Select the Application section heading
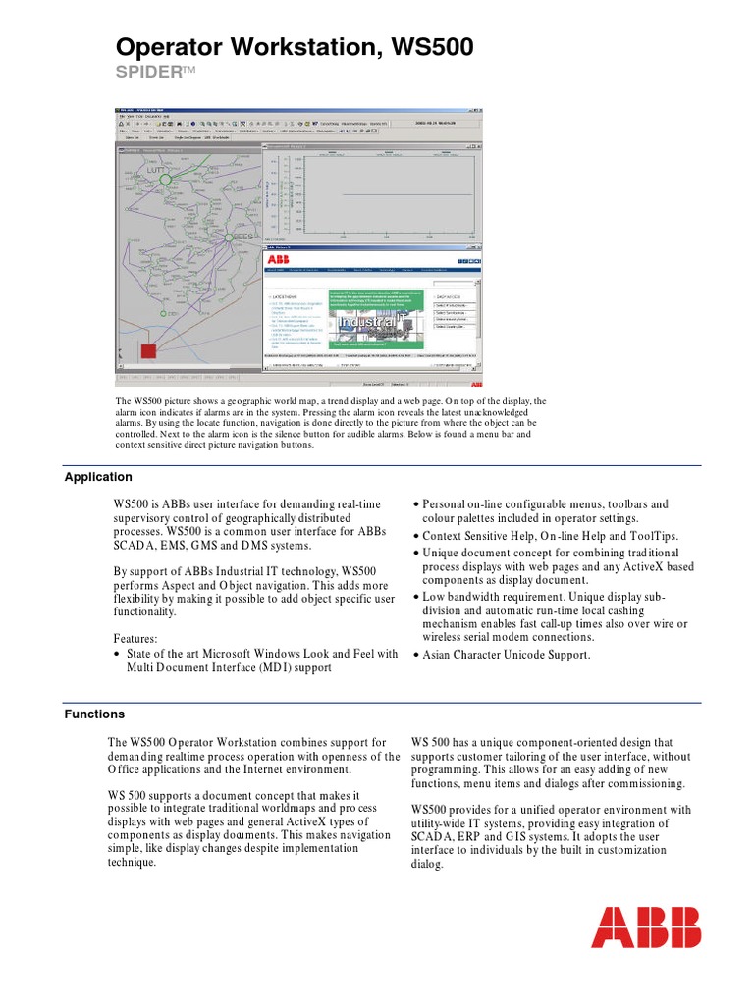point(98,477)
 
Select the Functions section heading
point(94,714)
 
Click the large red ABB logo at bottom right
point(645,926)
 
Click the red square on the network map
point(149,350)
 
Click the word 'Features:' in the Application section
point(135,637)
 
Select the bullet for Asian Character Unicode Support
point(506,655)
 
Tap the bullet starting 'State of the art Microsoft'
point(255,653)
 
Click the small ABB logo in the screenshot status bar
point(475,383)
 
